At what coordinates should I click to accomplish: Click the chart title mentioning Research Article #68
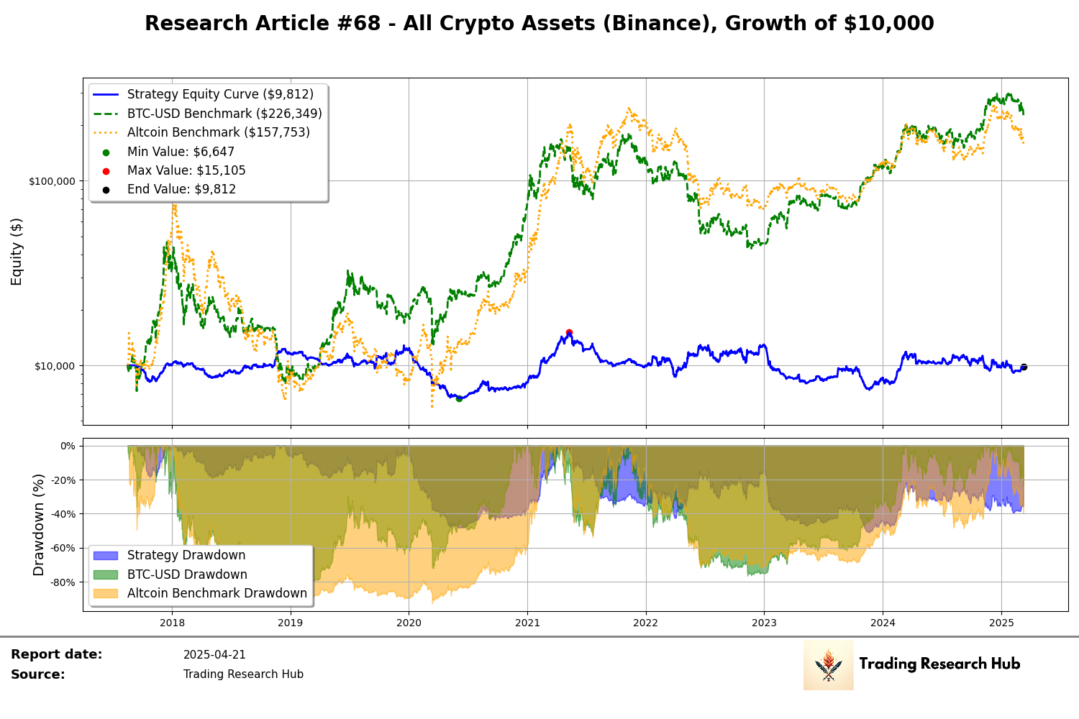(539, 24)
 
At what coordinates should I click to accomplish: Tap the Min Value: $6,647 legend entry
(181, 152)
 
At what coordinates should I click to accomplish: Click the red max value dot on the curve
(569, 332)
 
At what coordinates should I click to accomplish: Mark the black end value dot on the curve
(1024, 367)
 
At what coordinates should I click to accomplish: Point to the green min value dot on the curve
(459, 398)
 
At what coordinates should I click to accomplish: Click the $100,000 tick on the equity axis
(52, 181)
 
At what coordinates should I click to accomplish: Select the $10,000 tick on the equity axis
(54, 366)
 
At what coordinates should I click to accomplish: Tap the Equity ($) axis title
(17, 252)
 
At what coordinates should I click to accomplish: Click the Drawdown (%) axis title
(38, 524)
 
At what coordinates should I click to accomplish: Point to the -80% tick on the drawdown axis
(62, 582)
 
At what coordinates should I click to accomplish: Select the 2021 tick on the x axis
(527, 623)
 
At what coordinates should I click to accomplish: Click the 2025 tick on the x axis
(1001, 623)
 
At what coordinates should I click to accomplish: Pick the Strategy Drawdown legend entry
(186, 555)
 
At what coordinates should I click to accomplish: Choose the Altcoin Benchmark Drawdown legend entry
(217, 593)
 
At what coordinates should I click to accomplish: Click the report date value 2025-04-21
(214, 655)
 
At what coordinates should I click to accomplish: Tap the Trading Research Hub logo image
(828, 665)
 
